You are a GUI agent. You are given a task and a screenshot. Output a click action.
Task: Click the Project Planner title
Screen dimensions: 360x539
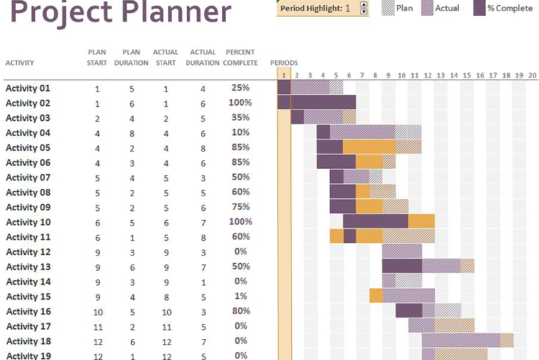pos(121,13)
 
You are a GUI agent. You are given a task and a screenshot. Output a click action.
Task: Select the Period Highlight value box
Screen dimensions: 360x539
pos(347,9)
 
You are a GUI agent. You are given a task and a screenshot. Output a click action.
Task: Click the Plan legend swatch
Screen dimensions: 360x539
pos(388,9)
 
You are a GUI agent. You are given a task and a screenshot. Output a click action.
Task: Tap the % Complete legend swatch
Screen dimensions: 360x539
pos(479,9)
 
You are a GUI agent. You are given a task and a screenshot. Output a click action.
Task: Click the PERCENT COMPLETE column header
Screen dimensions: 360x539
pos(240,57)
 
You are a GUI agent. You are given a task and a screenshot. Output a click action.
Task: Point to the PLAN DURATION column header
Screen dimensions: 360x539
pos(131,57)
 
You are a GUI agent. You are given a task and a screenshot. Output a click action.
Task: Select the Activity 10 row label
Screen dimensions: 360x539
pos(28,222)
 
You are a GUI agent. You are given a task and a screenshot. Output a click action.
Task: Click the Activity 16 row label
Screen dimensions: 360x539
pos(28,312)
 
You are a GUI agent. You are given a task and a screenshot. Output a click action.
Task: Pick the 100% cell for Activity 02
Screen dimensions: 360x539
pos(240,103)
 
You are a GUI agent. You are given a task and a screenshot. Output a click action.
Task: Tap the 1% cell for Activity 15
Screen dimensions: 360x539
pos(240,297)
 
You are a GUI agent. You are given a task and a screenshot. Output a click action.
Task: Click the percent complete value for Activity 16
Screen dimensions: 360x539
pos(240,312)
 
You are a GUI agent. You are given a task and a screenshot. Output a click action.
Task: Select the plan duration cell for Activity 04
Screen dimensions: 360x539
pos(131,133)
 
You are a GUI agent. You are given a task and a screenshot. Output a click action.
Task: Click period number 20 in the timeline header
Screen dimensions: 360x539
pos(532,75)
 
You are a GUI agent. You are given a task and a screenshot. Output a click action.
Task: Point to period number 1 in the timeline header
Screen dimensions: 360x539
pos(285,75)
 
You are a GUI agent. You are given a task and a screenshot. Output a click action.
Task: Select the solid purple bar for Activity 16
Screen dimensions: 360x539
pos(409,310)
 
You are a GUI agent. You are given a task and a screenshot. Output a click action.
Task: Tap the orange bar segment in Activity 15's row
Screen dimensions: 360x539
pos(376,295)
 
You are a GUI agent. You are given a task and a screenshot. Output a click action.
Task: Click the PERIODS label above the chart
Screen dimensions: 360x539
pos(284,63)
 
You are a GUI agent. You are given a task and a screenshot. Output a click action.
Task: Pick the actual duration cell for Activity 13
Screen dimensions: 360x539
pos(203,267)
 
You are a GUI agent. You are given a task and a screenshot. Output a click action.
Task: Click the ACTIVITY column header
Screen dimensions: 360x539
pos(19,63)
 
